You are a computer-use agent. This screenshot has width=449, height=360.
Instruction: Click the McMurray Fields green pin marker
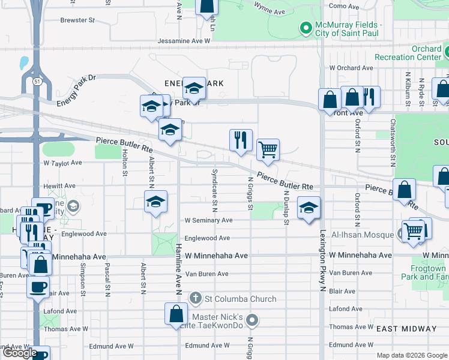click(x=305, y=28)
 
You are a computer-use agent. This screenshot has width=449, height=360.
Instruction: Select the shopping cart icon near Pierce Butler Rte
click(x=268, y=149)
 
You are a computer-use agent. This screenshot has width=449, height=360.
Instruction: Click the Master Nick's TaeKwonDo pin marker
click(x=252, y=320)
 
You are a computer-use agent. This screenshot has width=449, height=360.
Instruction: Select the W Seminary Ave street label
click(x=208, y=220)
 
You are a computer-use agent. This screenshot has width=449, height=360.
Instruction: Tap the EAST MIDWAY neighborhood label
click(x=406, y=329)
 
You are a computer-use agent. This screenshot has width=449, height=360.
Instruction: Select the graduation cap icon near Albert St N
click(x=155, y=202)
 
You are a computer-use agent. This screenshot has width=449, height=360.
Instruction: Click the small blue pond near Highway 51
click(x=23, y=62)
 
